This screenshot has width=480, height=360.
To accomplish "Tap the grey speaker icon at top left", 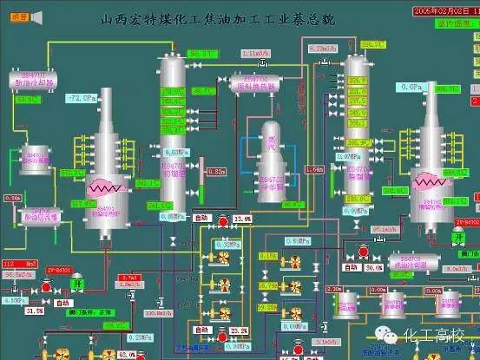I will click(x=37, y=17).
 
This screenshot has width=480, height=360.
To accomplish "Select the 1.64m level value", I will click(x=312, y=170).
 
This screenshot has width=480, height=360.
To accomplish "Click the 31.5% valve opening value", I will click(x=36, y=311).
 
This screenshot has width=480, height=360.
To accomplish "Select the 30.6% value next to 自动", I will click(x=374, y=268).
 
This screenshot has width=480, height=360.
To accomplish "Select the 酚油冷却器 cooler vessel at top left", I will click(x=32, y=79).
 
